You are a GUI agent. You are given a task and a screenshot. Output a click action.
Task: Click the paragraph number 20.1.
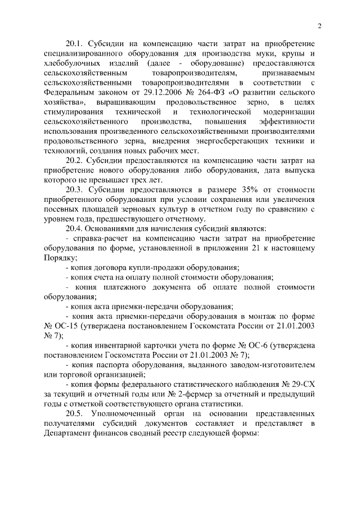pyautogui.click(x=76, y=43)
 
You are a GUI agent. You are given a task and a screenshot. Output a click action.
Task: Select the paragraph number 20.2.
pyautogui.click(x=76, y=161)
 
